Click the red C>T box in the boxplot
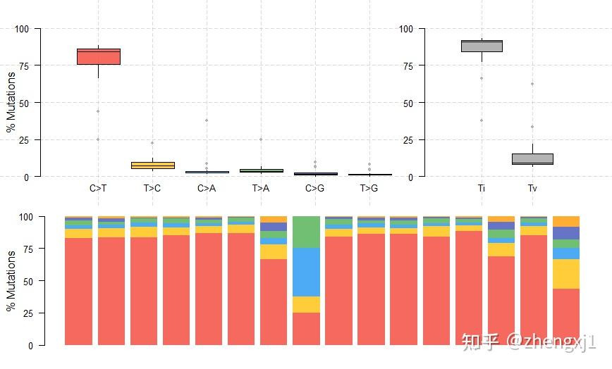pos(98,56)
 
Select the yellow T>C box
pos(153,165)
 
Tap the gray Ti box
pos(482,46)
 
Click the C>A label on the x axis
pos(207,188)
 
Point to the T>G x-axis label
pos(369,188)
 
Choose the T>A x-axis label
pos(261,188)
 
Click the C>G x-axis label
pos(315,188)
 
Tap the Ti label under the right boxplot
pos(482,188)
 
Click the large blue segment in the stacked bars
pos(306,272)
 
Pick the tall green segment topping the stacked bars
pos(306,232)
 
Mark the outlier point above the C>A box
pos(207,120)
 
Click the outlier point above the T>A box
pos(261,139)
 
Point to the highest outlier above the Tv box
pos(532,84)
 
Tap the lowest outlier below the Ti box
pos(482,120)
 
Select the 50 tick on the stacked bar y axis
pos(30,281)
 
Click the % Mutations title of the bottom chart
pos(11,281)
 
